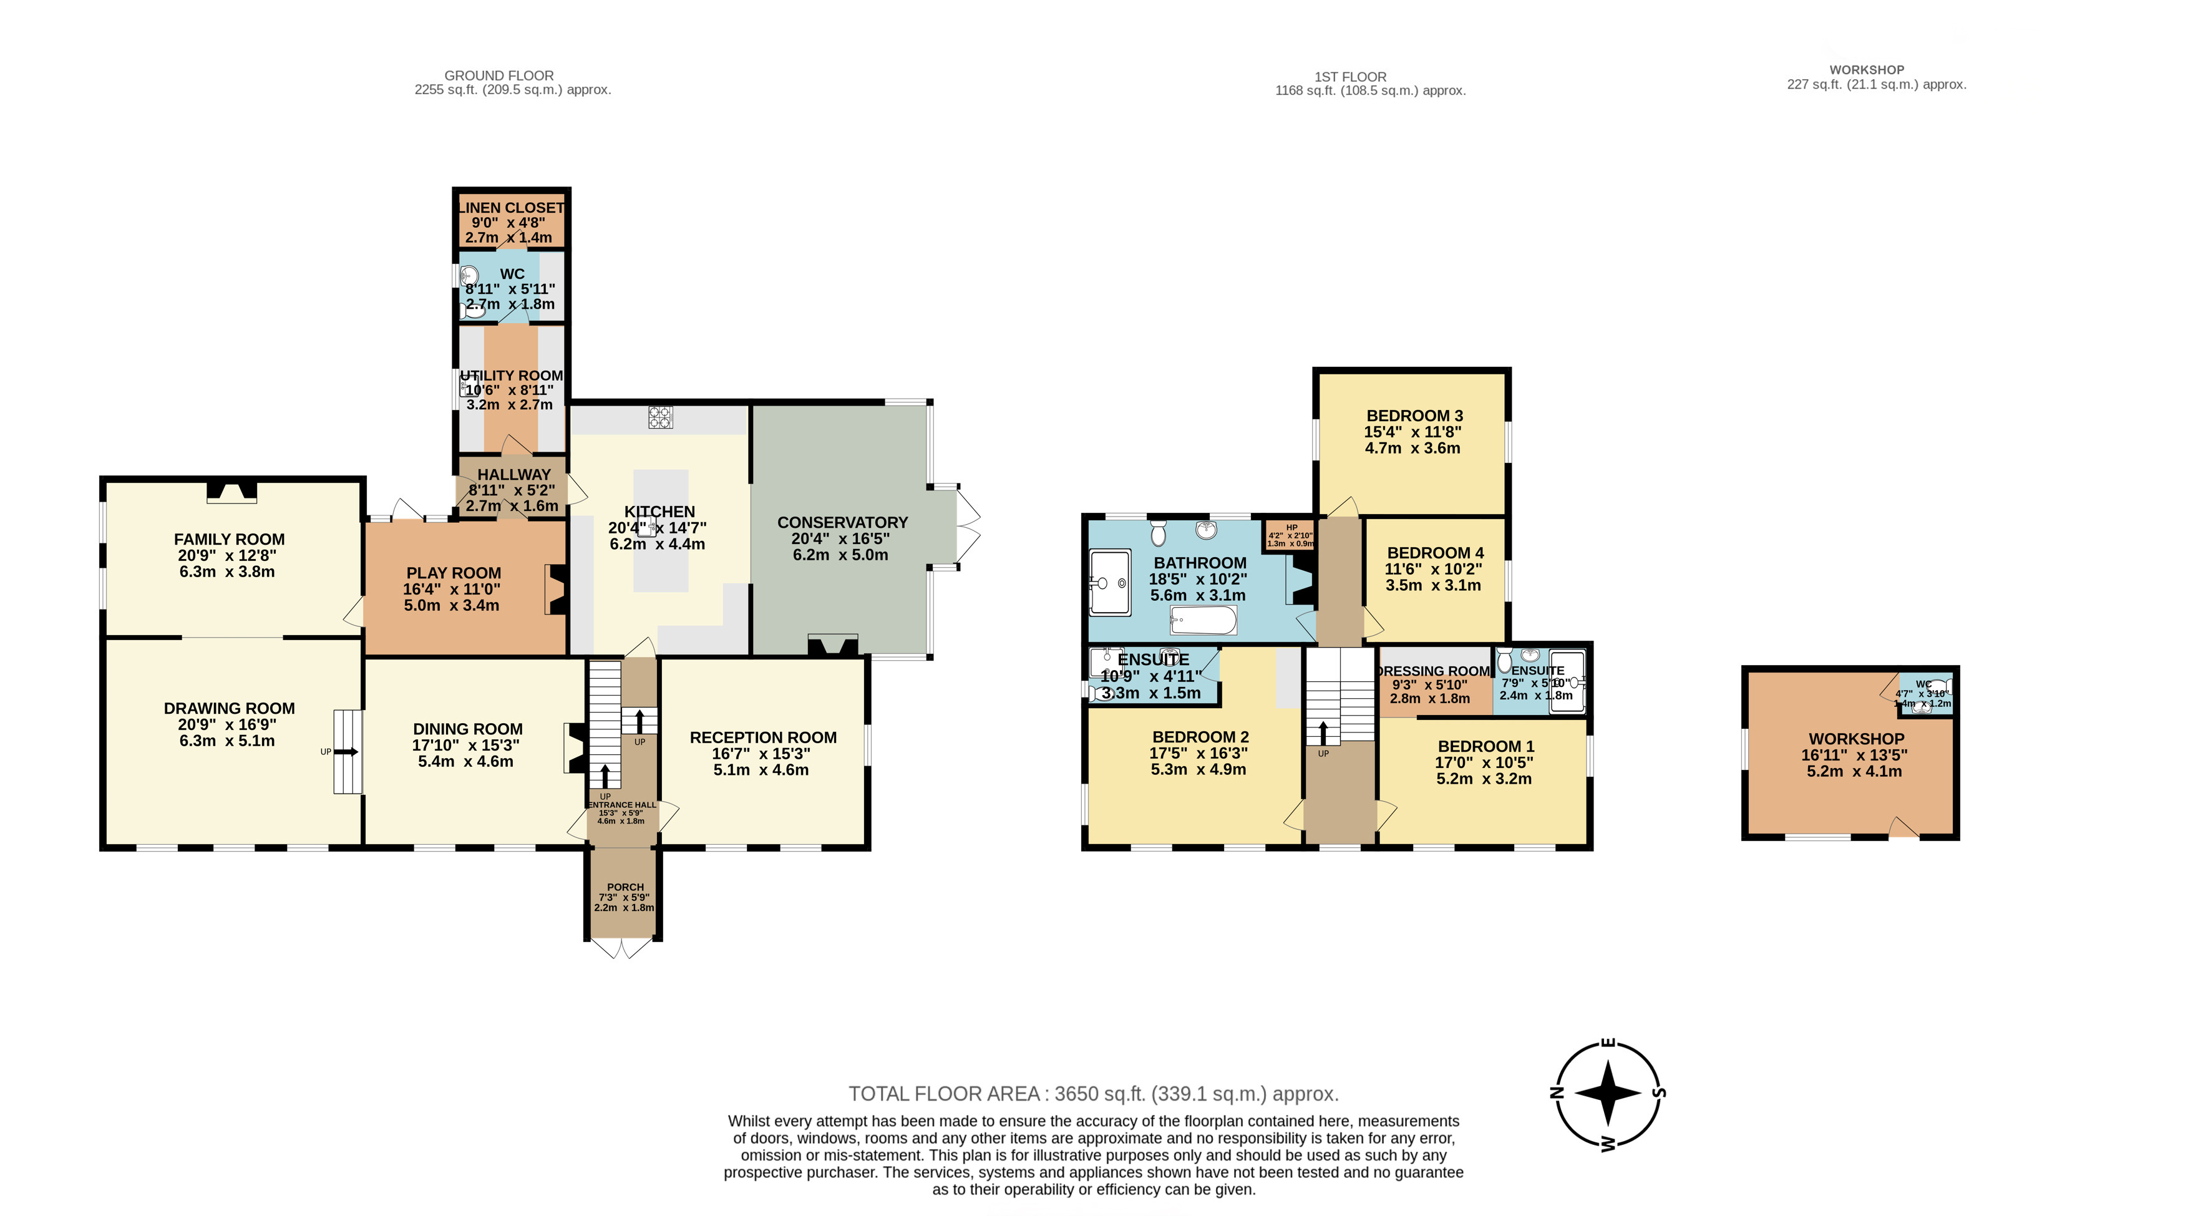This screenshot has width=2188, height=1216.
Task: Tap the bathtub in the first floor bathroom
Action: coord(1203,621)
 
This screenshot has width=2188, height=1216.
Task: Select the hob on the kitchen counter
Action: coord(660,416)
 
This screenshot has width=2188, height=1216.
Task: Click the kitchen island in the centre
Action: coord(661,531)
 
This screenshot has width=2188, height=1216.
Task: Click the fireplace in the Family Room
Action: coord(231,492)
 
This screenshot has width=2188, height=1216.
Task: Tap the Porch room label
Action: coord(625,887)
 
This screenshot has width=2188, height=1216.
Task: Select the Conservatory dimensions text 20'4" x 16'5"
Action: coord(840,538)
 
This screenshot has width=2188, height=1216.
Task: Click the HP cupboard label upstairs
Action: coord(1291,527)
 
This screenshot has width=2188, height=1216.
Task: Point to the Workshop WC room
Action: coord(1925,694)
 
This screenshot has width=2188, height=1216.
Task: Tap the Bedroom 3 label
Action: coord(1414,416)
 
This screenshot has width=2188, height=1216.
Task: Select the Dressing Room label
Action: coord(1434,671)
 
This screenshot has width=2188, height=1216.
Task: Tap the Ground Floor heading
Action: coord(498,75)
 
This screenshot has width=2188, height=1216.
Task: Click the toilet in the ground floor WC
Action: coord(472,311)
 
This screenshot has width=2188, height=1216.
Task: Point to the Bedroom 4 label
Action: coord(1434,553)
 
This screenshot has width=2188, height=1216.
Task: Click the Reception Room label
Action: coord(763,737)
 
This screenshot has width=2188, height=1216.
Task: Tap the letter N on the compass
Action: coord(1557,1093)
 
